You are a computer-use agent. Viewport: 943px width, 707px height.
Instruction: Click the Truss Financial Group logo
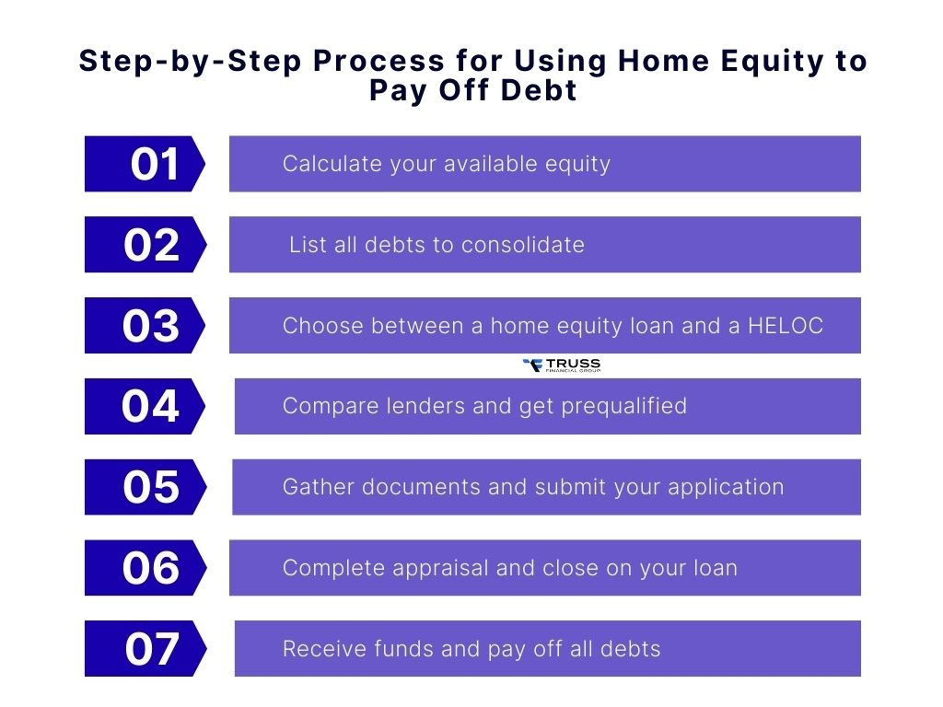pyautogui.click(x=561, y=365)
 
